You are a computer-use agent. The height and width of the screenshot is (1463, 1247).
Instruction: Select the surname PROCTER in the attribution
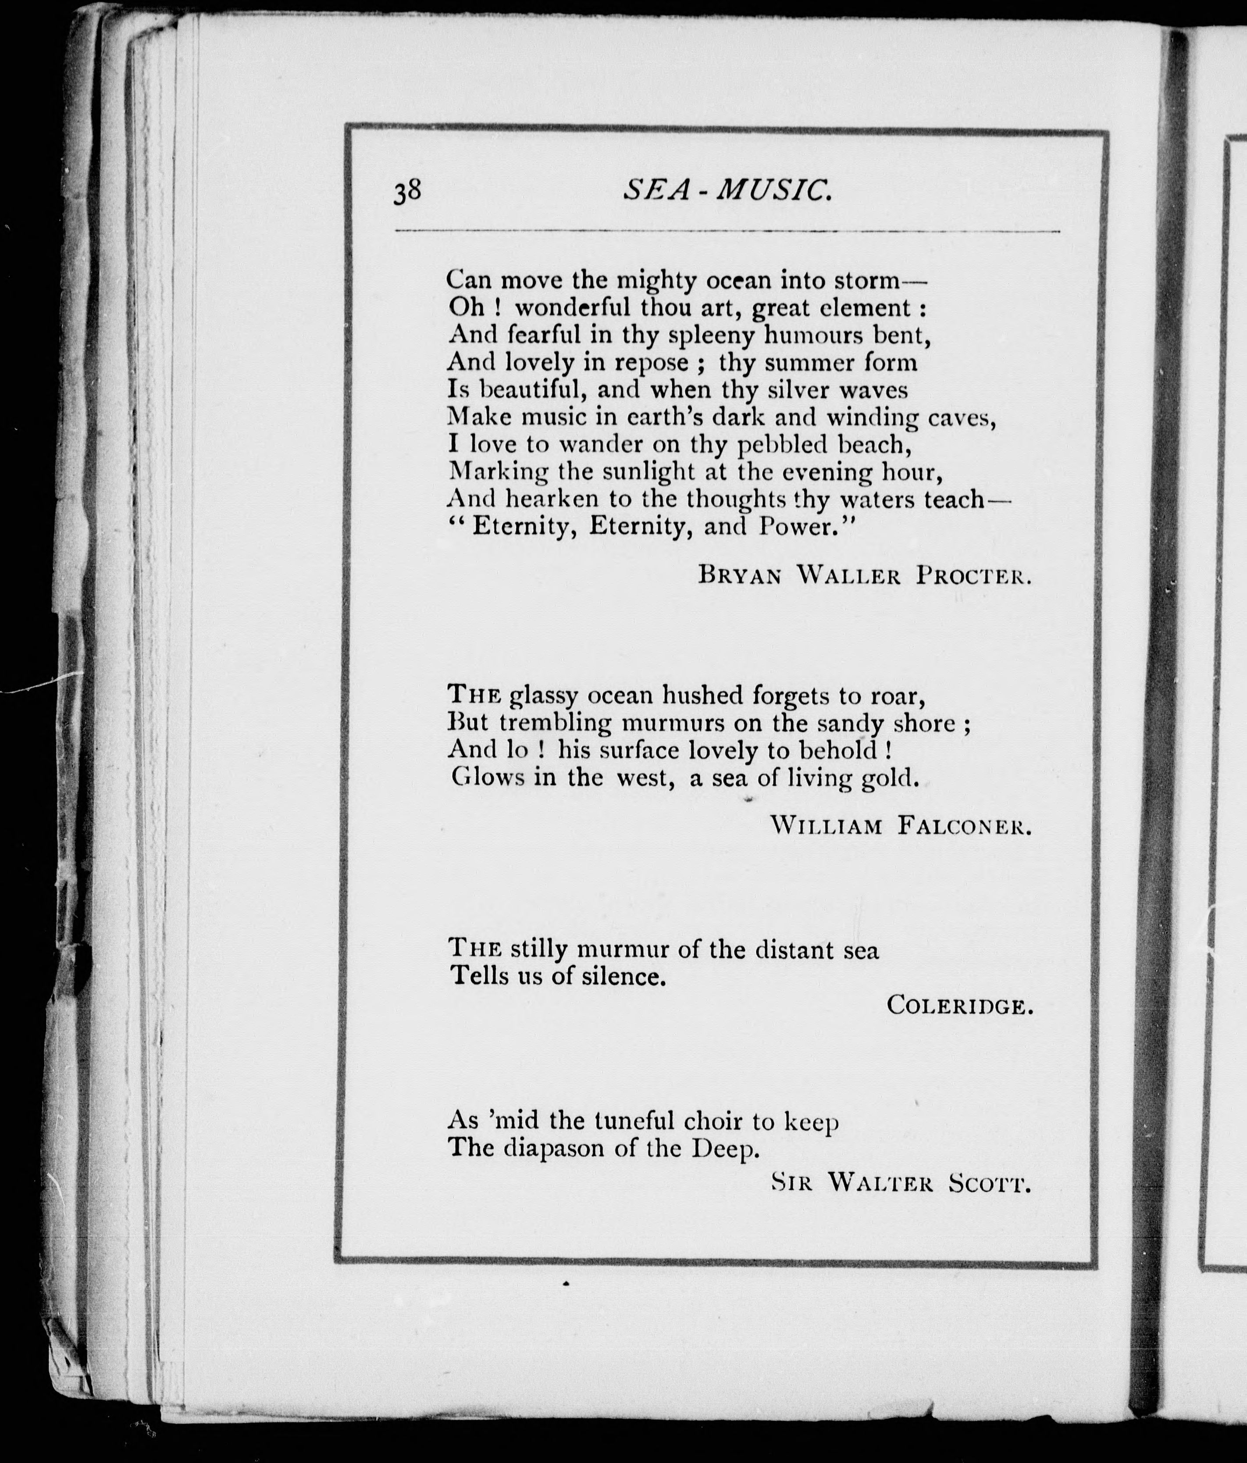pyautogui.click(x=974, y=576)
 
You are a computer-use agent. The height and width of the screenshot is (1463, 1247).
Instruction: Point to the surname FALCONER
pyautogui.click(x=965, y=825)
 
